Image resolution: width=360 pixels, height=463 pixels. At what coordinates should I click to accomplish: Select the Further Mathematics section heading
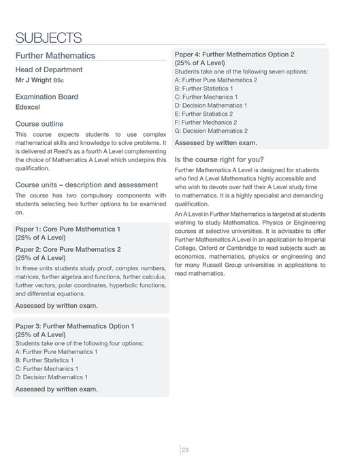point(55,55)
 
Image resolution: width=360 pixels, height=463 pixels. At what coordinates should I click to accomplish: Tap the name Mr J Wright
point(33,80)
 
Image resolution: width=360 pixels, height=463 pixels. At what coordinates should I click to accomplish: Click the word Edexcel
point(28,107)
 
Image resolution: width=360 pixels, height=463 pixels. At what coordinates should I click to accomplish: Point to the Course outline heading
point(39,124)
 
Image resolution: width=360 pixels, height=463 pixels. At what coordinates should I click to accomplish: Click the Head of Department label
point(48,69)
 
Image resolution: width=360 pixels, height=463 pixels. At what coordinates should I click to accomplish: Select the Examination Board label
point(46,97)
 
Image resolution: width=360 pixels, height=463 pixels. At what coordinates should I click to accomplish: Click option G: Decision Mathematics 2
point(211,131)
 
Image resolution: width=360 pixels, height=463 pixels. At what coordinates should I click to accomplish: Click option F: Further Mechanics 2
point(206,123)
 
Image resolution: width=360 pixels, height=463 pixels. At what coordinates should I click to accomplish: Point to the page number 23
point(184,449)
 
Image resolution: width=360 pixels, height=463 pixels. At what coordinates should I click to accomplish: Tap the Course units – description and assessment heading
point(86,185)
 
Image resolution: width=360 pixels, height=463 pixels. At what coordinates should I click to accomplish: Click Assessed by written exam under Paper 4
point(216,143)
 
